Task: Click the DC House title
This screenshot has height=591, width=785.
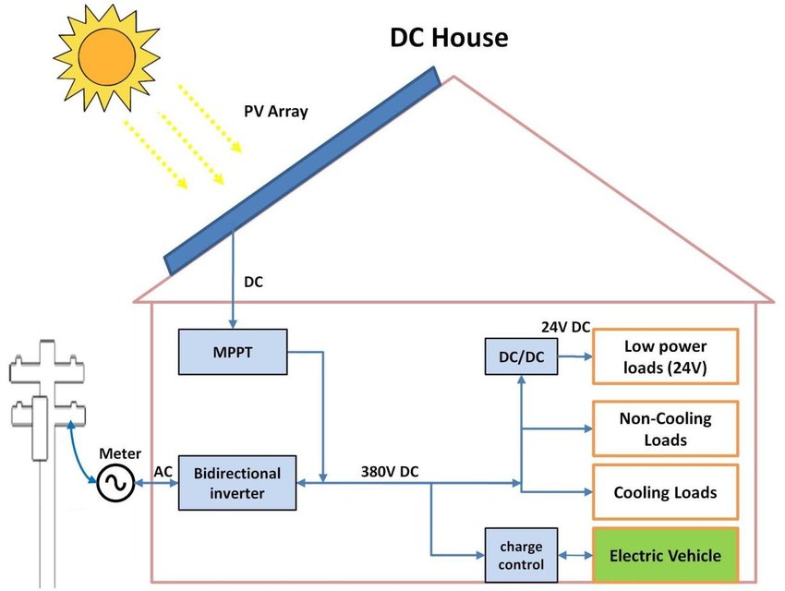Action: click(x=449, y=39)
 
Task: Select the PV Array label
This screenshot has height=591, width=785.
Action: click(x=275, y=111)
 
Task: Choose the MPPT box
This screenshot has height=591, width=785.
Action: click(x=233, y=352)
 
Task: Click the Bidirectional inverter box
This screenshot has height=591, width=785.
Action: click(x=237, y=482)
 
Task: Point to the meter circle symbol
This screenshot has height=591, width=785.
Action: click(x=118, y=482)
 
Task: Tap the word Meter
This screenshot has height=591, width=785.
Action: click(x=120, y=453)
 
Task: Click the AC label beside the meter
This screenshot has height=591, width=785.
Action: click(x=163, y=471)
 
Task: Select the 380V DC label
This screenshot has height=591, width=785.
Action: click(x=390, y=471)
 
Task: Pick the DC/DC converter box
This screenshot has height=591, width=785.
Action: click(x=522, y=356)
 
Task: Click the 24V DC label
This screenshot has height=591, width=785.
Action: click(x=565, y=328)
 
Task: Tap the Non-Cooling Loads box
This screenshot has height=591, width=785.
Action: click(x=665, y=428)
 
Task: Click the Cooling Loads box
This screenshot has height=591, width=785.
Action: click(x=665, y=491)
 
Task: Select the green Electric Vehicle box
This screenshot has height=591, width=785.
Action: click(x=665, y=556)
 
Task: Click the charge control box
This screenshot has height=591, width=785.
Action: click(x=522, y=554)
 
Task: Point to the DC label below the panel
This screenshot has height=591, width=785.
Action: click(x=253, y=283)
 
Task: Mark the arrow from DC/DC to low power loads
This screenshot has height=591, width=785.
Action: click(x=574, y=357)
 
